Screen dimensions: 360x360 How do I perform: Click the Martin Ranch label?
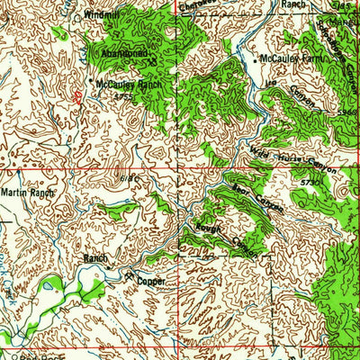[28, 193]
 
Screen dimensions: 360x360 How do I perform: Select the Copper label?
[153, 280]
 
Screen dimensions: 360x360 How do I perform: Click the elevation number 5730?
[310, 183]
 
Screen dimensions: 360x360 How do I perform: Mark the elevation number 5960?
[348, 113]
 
